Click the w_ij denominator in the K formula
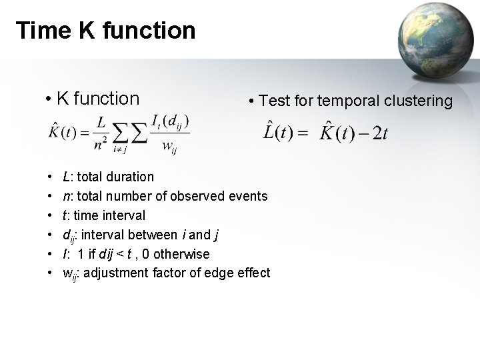pos(170,146)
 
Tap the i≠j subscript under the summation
pos(121,150)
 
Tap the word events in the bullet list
pos(248,196)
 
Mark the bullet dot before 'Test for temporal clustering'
pos(250,102)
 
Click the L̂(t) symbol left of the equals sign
pos(276,132)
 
